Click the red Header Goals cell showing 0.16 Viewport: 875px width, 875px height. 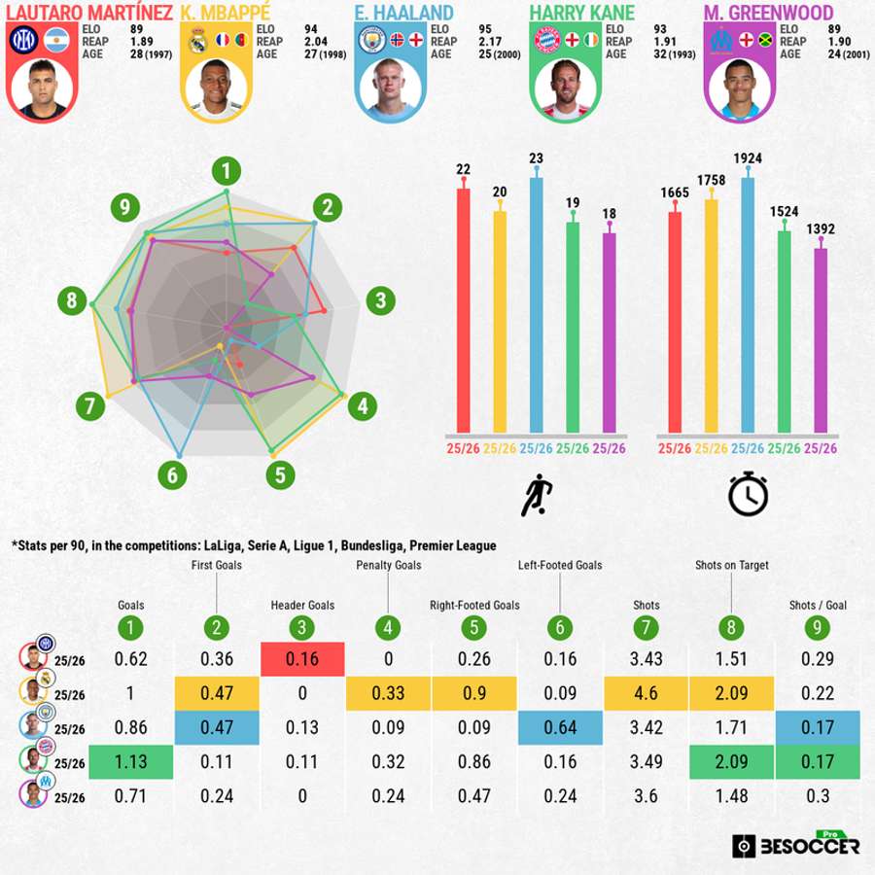[x=301, y=659]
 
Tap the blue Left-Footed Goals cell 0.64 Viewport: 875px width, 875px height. [x=561, y=728]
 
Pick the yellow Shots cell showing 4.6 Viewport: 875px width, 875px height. [x=647, y=693]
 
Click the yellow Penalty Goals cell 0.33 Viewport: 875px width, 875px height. [x=388, y=693]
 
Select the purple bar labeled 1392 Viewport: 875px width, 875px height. [x=821, y=340]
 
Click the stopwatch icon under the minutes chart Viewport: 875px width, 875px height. [x=748, y=495]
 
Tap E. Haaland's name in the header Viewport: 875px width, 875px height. [x=403, y=14]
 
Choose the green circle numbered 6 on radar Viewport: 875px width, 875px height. [x=173, y=475]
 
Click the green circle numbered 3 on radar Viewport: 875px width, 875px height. [x=380, y=300]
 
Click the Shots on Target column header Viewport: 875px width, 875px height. [x=732, y=565]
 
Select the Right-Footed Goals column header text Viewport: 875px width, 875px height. [x=474, y=605]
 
